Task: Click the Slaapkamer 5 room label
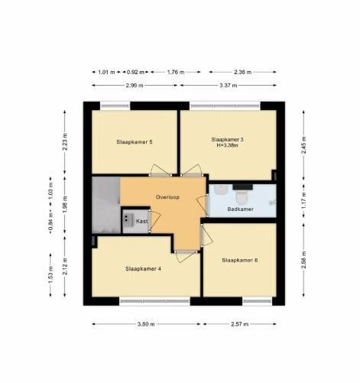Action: (x=135, y=142)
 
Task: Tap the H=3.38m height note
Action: (x=227, y=145)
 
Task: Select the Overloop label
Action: (x=167, y=197)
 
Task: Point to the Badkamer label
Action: (x=240, y=209)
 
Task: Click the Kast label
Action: (x=141, y=221)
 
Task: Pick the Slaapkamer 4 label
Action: (x=143, y=269)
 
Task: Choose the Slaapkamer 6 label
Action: (x=240, y=260)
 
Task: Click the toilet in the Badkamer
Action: (x=242, y=196)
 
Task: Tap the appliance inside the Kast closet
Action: (x=128, y=220)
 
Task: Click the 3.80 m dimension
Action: (x=146, y=324)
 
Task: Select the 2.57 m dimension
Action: (x=240, y=324)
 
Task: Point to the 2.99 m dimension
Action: (x=135, y=86)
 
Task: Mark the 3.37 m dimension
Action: (x=229, y=86)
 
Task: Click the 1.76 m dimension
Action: (x=176, y=72)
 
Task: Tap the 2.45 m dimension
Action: (x=303, y=145)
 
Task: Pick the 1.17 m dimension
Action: (x=303, y=200)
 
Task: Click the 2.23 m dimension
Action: (x=65, y=141)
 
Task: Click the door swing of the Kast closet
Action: (x=155, y=221)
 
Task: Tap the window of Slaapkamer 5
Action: (x=115, y=105)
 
